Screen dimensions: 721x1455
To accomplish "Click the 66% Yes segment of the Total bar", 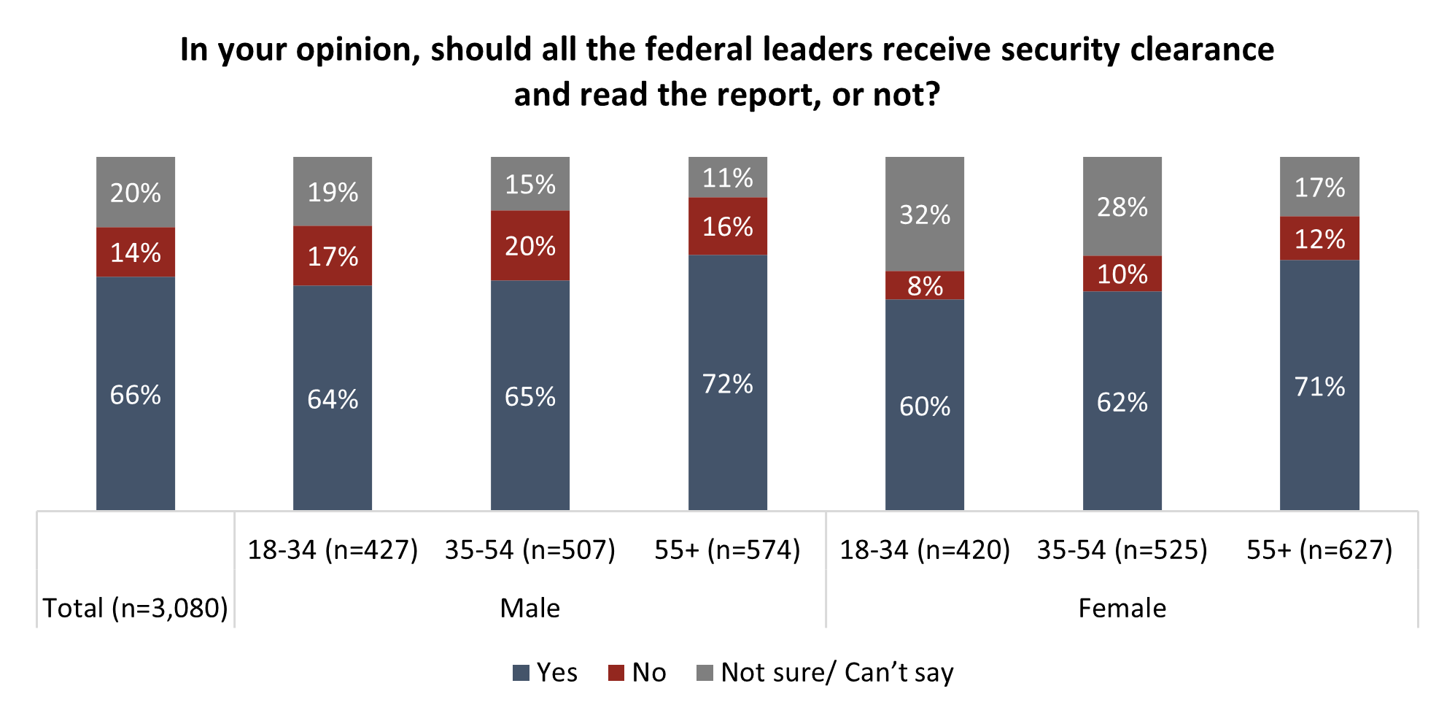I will coord(136,394).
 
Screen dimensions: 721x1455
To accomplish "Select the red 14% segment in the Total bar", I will coord(136,252).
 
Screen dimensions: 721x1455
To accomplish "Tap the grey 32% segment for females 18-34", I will coord(925,215).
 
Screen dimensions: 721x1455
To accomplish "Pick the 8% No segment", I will coord(925,285).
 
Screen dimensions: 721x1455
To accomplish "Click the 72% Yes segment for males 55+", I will coord(727,383).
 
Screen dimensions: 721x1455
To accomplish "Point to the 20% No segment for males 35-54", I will coord(530,246).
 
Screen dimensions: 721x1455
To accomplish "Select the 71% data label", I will coord(1319,386).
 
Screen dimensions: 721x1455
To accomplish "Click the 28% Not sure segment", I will coord(1122,207).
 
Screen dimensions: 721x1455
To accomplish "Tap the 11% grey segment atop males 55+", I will coord(727,177).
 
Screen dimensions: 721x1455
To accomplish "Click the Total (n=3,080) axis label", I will coord(136,608).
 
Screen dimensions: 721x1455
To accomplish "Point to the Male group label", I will coord(530,608).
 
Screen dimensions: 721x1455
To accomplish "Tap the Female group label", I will coord(1122,608).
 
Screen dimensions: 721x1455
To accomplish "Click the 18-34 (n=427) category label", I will coord(333,550).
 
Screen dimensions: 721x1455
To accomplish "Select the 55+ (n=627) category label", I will coord(1319,550).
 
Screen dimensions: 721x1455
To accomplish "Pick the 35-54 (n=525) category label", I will coord(1122,550).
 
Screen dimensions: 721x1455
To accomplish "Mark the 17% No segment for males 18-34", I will coord(333,256).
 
